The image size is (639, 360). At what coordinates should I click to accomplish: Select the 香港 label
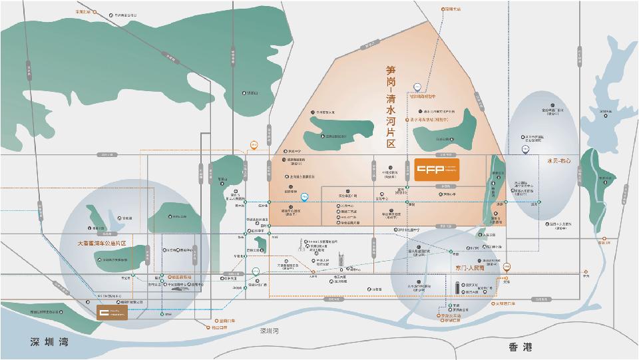(521, 347)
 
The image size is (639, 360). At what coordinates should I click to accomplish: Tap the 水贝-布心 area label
(559, 160)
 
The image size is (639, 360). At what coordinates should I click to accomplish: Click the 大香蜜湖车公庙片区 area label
(110, 244)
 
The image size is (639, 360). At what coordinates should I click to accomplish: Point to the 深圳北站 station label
(83, 12)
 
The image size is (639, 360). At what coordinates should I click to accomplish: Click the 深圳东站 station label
(452, 9)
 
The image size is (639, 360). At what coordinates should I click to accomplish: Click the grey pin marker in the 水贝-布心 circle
(525, 150)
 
